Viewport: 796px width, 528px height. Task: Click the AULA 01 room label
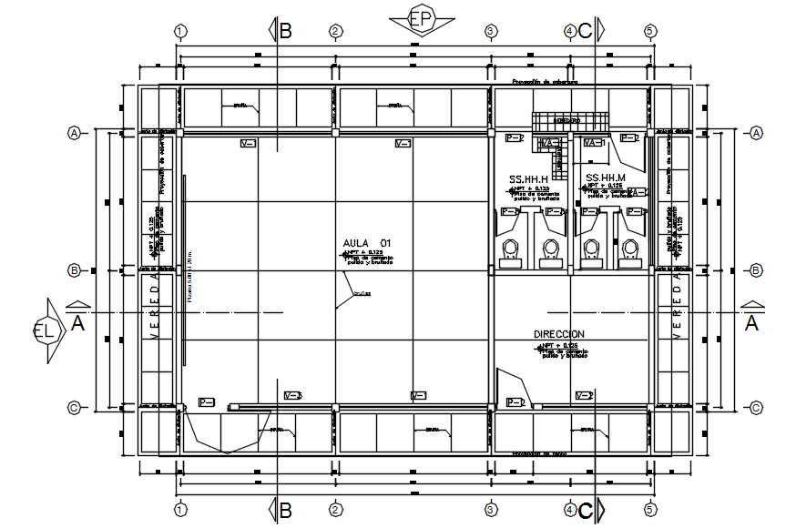(x=366, y=243)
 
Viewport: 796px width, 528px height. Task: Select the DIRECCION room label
(x=559, y=335)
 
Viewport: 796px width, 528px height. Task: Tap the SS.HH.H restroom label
(x=528, y=178)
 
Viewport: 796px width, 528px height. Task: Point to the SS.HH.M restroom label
(x=606, y=178)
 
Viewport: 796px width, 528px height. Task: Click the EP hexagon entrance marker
(x=421, y=18)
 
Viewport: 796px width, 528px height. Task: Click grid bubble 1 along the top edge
(x=180, y=31)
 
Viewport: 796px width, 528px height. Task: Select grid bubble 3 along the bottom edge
(x=490, y=510)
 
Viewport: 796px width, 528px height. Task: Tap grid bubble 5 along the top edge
(x=650, y=31)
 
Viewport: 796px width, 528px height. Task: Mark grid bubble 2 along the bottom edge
(x=335, y=510)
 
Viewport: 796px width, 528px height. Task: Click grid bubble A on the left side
(x=74, y=133)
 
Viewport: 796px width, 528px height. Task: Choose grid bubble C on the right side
(x=755, y=408)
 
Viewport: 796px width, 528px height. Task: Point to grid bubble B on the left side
(x=74, y=270)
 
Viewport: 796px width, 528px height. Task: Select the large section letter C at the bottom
(x=586, y=512)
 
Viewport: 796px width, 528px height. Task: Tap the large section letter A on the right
(x=752, y=322)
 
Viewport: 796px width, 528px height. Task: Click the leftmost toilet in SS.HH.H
(x=511, y=247)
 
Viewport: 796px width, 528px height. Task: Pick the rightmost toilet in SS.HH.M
(x=630, y=247)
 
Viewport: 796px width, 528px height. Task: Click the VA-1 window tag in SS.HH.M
(x=594, y=144)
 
